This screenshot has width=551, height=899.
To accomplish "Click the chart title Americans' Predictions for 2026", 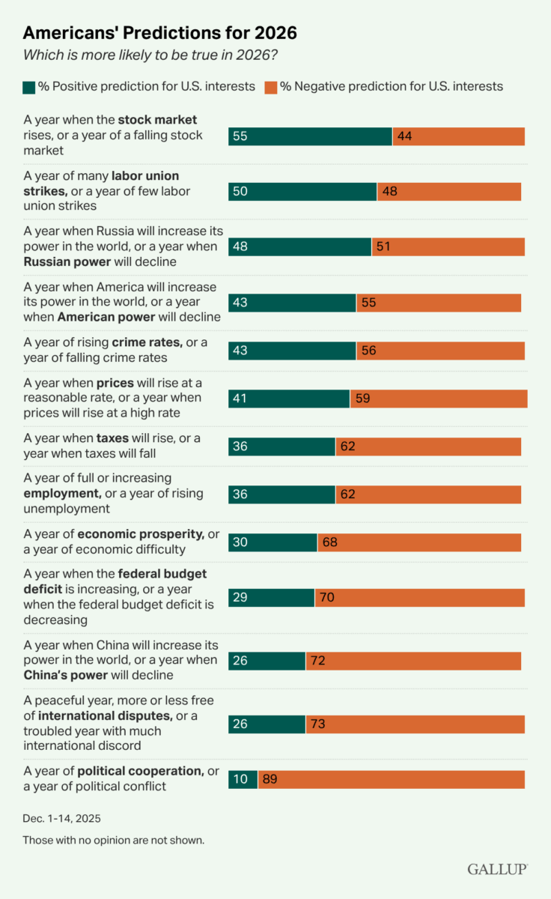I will tap(159, 33).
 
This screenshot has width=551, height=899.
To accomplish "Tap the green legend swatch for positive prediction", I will tap(29, 86).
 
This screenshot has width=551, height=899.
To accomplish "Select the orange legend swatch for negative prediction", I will tap(270, 86).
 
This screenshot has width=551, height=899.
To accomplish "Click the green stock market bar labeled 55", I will tap(310, 136).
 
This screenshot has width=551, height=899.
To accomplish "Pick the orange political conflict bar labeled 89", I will tap(392, 780).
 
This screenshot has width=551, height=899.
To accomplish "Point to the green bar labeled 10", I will tap(243, 780).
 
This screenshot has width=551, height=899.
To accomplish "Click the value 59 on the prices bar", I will tap(362, 399).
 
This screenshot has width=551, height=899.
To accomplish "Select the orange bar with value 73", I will tap(415, 724).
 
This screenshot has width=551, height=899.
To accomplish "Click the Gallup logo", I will tap(498, 868).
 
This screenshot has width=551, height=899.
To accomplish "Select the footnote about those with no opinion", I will tap(113, 840).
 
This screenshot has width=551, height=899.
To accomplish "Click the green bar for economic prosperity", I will tap(273, 542).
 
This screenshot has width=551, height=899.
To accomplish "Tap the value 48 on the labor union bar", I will tap(389, 192).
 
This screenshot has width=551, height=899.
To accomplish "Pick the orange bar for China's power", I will tap(413, 661).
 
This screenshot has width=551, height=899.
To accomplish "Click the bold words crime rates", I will tap(147, 342).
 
